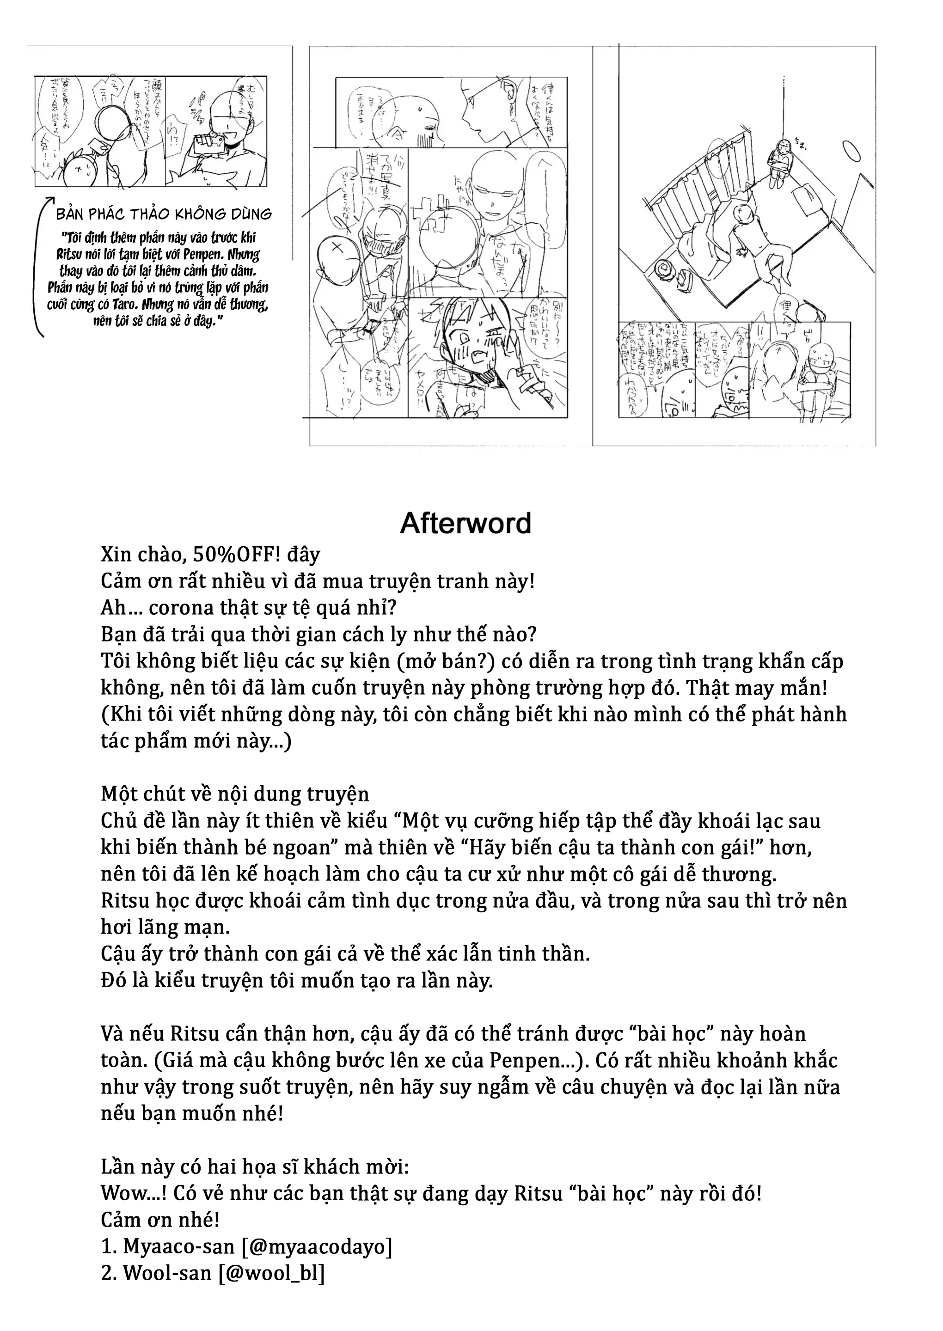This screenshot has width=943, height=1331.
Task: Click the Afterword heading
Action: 465,524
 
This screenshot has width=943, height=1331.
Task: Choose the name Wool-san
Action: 167,1273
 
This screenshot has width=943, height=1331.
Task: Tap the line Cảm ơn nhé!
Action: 160,1220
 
